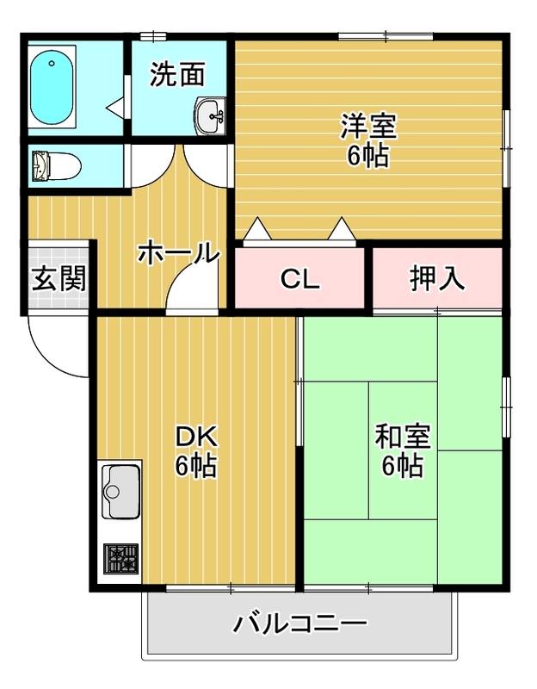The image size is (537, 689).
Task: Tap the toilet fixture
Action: coord(56,166)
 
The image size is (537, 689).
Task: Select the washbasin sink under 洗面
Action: coord(210,115)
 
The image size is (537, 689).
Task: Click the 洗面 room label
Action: coord(178,74)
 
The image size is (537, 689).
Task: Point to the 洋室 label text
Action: coord(368,126)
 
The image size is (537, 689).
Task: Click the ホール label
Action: coord(179,252)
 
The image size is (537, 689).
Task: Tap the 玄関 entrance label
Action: coord(59,278)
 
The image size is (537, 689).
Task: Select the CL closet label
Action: coord(299,278)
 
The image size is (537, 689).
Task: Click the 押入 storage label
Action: coord(437,278)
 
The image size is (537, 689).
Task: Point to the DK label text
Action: coord(196,437)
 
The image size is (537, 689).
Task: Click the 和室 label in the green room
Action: coord(403,437)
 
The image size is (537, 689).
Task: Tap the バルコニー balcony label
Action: coord(299,624)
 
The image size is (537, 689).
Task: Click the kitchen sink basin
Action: coord(121,490)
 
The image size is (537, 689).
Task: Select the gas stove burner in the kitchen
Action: coord(120,558)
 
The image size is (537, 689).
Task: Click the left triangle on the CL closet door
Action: coord(257,228)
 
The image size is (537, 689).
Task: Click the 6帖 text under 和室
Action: coord(402,465)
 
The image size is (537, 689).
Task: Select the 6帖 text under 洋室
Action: coord(368,155)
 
